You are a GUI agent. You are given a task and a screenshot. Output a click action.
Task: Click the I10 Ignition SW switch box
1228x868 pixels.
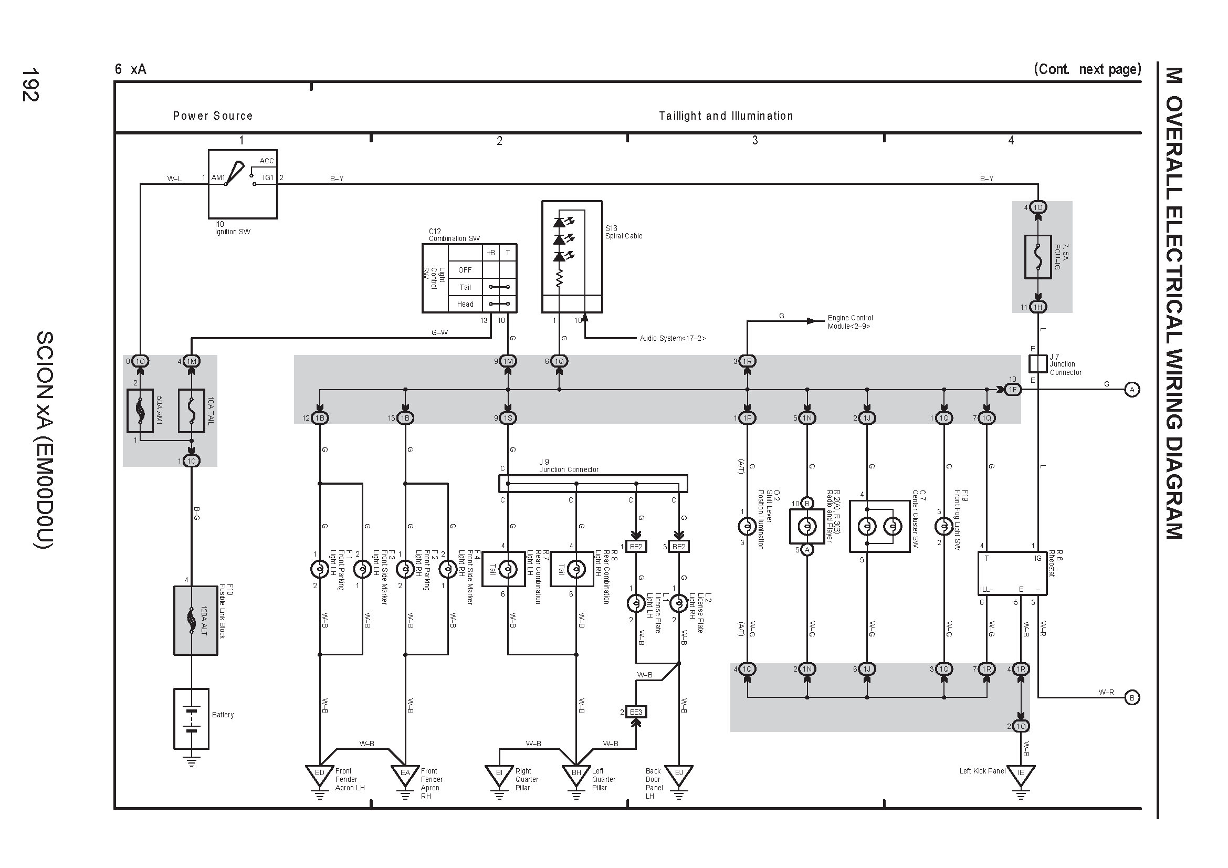243,184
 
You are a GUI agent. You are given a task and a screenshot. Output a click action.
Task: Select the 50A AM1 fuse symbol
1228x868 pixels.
140,411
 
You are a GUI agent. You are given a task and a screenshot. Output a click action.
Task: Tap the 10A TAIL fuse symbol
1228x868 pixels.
192,411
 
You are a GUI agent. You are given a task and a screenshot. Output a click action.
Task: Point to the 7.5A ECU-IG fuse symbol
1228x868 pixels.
1037,257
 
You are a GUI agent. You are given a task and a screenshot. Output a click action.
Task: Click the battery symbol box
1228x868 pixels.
192,719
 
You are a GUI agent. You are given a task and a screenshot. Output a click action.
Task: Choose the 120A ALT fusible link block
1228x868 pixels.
196,620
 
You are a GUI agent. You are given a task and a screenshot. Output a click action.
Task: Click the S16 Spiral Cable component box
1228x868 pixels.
572,257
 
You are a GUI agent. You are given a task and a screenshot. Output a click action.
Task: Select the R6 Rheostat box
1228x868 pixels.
1012,573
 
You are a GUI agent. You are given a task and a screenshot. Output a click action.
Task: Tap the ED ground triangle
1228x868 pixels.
320,775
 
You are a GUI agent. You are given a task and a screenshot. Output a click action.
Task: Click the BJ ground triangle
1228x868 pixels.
679,775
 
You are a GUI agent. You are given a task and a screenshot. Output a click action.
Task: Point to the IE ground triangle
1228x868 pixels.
1021,775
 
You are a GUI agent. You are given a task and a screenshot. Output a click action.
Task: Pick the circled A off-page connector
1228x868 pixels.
1132,390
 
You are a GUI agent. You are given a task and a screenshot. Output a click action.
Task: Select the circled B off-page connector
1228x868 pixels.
1132,697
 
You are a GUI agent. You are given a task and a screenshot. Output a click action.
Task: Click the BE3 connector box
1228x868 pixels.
636,712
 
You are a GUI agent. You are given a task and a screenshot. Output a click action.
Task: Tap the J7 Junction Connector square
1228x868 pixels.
1037,364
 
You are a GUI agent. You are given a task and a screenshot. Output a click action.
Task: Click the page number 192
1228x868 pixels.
30,85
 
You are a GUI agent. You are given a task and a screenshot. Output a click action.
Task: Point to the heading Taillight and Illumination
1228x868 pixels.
726,116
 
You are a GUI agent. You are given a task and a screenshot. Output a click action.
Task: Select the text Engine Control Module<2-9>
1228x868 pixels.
850,322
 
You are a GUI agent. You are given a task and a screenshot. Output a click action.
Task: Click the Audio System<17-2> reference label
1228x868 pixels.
673,339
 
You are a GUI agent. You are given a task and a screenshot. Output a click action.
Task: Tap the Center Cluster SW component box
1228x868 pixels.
879,527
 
